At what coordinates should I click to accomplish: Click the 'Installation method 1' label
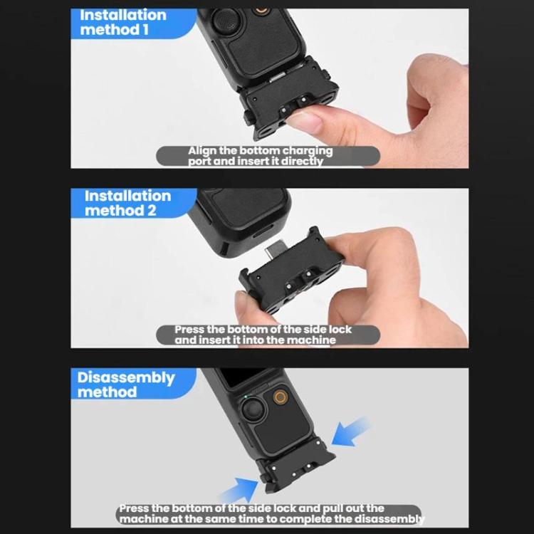pyautogui.click(x=122, y=22)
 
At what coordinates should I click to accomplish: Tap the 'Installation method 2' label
pyautogui.click(x=127, y=203)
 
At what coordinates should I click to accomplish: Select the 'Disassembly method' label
pyautogui.click(x=125, y=384)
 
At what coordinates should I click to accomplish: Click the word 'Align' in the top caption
pyautogui.click(x=203, y=151)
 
